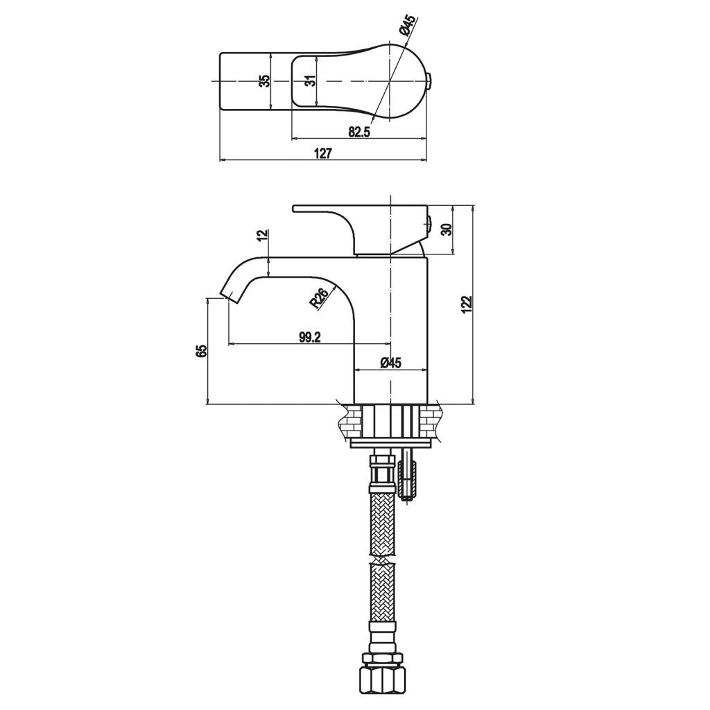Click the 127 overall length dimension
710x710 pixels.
tap(323, 153)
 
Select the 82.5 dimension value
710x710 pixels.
tap(360, 132)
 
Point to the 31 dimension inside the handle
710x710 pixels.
tap(311, 81)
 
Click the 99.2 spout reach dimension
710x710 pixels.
tap(310, 337)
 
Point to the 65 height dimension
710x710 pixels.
tap(201, 350)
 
